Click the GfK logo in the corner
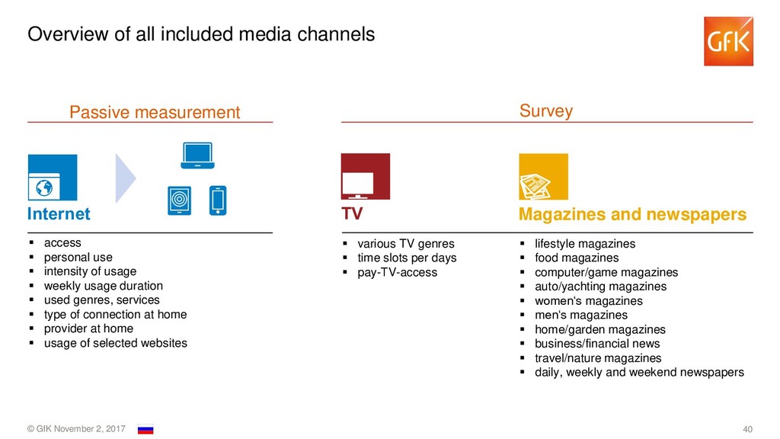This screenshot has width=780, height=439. (x=728, y=41)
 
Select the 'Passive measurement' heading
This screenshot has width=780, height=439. (x=155, y=113)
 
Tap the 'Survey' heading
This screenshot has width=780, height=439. (x=545, y=111)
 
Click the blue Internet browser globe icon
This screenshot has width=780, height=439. (x=52, y=178)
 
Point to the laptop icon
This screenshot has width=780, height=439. (x=197, y=155)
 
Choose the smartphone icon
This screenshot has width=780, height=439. (x=218, y=200)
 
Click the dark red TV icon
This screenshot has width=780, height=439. (x=365, y=177)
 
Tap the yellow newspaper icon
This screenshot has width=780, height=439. (x=543, y=177)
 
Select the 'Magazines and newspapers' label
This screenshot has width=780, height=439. (x=632, y=215)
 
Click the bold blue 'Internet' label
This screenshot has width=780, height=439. (x=59, y=214)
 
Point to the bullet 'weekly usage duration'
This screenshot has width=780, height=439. (x=103, y=286)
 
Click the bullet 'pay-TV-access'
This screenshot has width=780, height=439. (x=397, y=272)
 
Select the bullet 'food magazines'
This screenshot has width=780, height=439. (x=577, y=258)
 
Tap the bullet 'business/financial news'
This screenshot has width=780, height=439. (x=597, y=344)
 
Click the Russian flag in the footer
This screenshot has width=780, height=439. (x=145, y=430)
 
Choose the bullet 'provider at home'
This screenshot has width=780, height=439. (x=88, y=328)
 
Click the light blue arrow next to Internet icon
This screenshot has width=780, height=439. (x=125, y=178)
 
